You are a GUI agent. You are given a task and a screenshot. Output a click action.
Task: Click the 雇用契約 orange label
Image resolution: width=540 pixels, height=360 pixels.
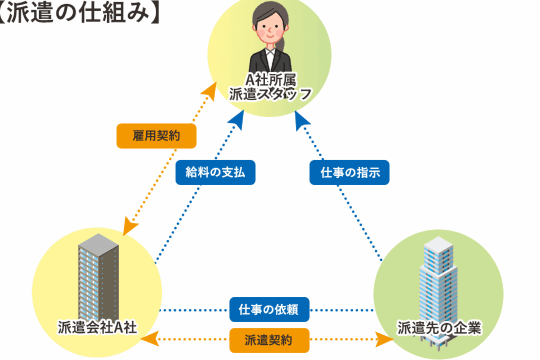(x=156, y=136)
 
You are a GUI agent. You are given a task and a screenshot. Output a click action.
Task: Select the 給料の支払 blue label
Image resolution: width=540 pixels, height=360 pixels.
(x=215, y=172)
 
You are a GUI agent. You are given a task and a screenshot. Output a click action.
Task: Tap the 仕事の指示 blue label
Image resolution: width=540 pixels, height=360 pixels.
(x=350, y=172)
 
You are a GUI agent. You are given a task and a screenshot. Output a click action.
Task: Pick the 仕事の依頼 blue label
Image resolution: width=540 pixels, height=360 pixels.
(x=269, y=309)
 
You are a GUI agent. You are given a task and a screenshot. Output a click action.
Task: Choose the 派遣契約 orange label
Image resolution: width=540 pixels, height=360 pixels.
(x=269, y=340)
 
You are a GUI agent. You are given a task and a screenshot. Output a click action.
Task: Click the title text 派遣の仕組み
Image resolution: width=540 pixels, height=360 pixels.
(x=79, y=13)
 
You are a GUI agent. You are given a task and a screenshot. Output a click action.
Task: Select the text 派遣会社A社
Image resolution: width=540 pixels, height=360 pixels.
(x=98, y=327)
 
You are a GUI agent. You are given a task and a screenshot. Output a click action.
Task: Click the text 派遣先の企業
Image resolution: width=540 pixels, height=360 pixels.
(x=439, y=327)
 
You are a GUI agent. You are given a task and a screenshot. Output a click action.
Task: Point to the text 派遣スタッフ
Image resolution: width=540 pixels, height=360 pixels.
(x=271, y=94)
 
